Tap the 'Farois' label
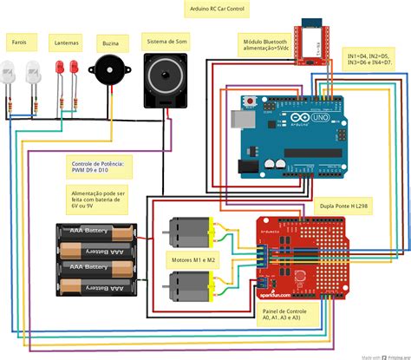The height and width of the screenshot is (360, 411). tap(18, 41)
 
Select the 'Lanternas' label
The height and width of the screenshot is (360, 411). tap(66, 41)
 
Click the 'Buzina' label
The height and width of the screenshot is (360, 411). tap(110, 41)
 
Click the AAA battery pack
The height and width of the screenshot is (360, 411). tap(96, 261)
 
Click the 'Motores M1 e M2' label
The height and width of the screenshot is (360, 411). tap(193, 258)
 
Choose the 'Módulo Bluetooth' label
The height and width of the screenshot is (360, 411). tap(264, 43)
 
